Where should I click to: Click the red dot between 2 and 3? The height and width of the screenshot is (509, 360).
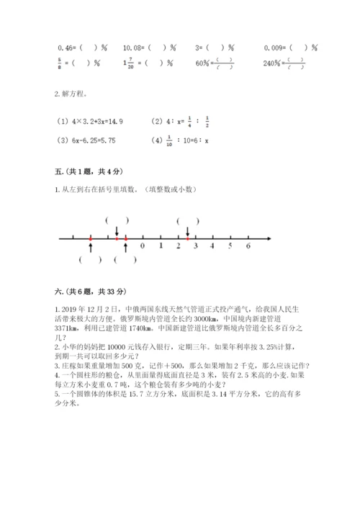point(187,238)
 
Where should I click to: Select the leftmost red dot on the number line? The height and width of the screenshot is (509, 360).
point(90,238)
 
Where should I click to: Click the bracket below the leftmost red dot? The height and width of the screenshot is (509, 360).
point(90,261)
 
